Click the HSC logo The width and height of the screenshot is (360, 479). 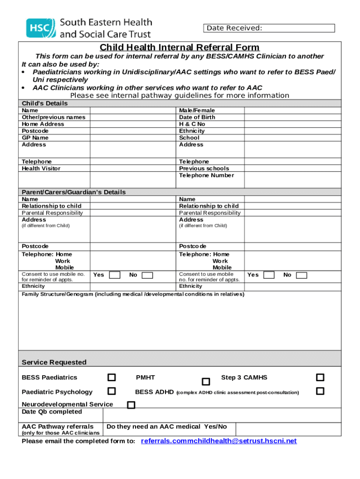coord(40,28)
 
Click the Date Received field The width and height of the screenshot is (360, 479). coord(269,28)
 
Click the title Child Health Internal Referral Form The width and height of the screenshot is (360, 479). coord(180,47)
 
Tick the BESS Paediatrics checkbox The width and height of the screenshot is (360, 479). coord(112,377)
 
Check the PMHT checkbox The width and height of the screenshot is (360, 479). coord(206,382)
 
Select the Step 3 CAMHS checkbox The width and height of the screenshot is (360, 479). coord(320,377)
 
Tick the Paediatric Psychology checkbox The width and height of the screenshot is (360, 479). coord(112,391)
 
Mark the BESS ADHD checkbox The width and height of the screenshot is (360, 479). coord(320,391)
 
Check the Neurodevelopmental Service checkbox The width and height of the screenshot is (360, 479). coord(131,405)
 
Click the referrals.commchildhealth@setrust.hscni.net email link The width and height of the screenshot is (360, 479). coord(219,441)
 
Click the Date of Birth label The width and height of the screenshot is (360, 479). coord(197,117)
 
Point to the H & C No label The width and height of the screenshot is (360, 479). coord(192,124)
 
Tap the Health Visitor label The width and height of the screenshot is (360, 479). coord(41,168)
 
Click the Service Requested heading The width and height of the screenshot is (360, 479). coord(54,363)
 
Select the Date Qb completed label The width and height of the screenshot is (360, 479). coord(52,412)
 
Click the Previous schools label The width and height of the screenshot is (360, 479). coord(204,168)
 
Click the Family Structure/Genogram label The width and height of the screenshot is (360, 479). coord(133,294)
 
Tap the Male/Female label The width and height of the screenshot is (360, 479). coord(197,110)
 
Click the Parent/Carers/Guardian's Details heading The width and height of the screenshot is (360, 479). coord(74,192)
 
